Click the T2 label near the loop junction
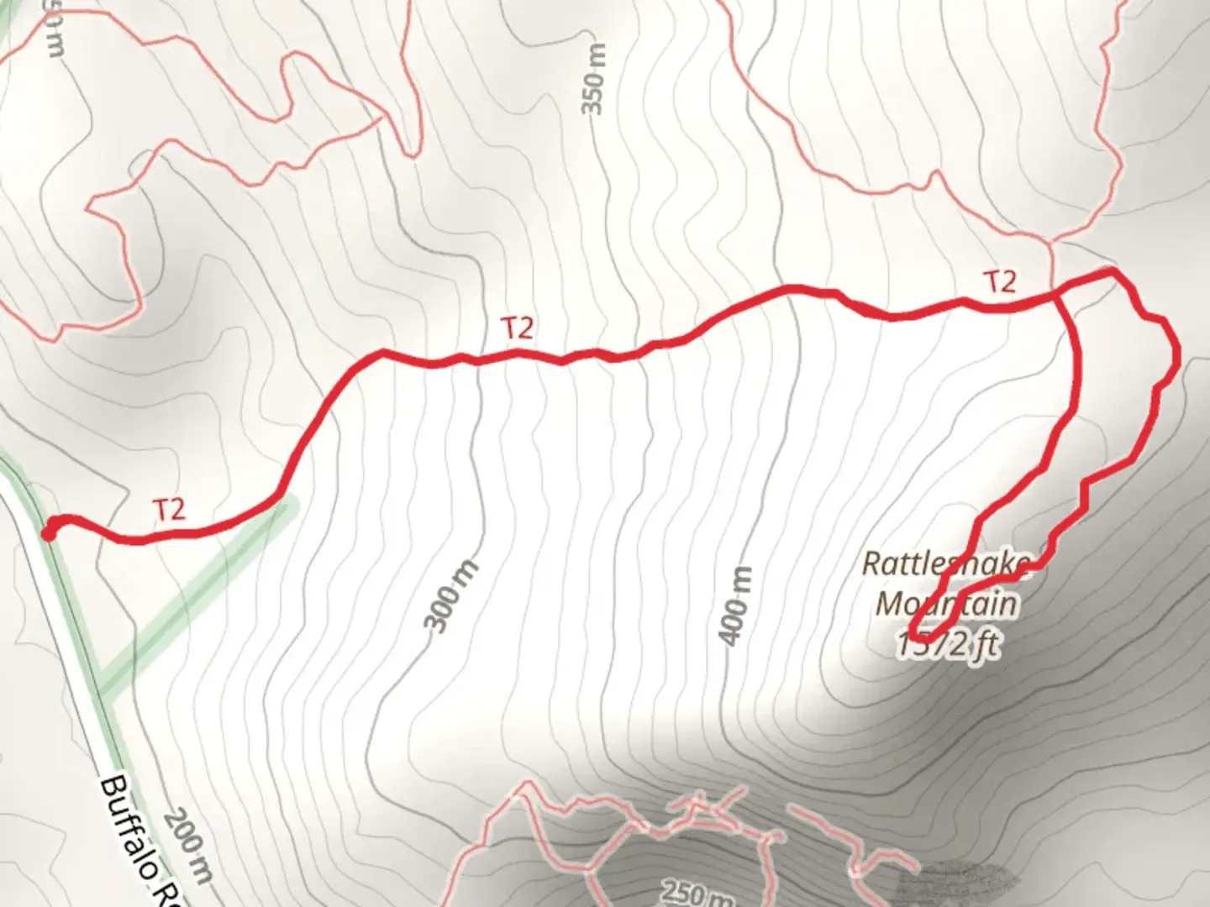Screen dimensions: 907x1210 [x=1000, y=282]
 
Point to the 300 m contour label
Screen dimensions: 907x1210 [x=450, y=596]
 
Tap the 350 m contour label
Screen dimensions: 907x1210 [x=592, y=81]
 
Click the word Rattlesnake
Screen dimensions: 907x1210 [x=946, y=564]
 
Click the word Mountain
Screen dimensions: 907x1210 [x=946, y=603]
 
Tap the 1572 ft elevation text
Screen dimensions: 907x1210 [x=948, y=645]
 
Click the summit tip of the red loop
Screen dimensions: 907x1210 [x=914, y=632]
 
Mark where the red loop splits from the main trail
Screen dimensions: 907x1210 [x=1058, y=294]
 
